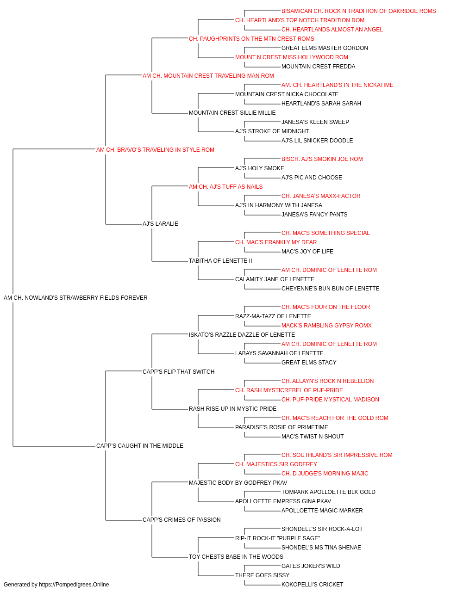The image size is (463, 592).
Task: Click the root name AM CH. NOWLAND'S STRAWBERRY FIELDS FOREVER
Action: pyautogui.click(x=75, y=298)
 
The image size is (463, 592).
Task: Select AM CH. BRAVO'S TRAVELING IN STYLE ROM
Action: pyautogui.click(x=155, y=150)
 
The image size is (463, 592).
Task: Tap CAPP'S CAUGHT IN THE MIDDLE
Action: pyautogui.click(x=140, y=446)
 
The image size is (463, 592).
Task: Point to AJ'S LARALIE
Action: pyautogui.click(x=160, y=224)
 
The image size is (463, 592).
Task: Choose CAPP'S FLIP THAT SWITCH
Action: pyautogui.click(x=179, y=372)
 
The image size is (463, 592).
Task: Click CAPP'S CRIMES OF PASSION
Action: pyautogui.click(x=181, y=520)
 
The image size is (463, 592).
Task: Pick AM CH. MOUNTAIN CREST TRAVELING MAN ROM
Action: pyautogui.click(x=208, y=76)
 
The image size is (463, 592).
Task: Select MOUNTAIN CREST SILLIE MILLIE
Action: pyautogui.click(x=232, y=113)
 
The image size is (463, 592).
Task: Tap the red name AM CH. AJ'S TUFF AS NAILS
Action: pyautogui.click(x=226, y=187)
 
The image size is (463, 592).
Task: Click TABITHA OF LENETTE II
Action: pyautogui.click(x=220, y=261)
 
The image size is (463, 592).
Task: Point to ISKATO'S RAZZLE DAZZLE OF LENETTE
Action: pyautogui.click(x=242, y=335)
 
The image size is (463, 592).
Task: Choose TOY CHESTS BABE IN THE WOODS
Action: pyautogui.click(x=236, y=557)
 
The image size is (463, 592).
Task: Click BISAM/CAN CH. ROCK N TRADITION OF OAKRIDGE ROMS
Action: pyautogui.click(x=358, y=11)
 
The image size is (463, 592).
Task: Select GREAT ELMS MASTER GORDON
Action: pyautogui.click(x=325, y=48)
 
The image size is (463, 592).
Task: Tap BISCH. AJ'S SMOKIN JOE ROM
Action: pyautogui.click(x=322, y=159)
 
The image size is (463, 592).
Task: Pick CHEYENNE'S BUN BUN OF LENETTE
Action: pyautogui.click(x=331, y=289)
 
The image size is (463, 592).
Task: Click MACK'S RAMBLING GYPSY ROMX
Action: pyautogui.click(x=326, y=326)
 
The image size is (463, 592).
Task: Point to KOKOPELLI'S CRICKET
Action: pyautogui.click(x=312, y=585)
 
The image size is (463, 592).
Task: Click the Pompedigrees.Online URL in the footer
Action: pyautogui.click(x=74, y=585)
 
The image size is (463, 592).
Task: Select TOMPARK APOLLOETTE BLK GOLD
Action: pyautogui.click(x=328, y=492)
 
